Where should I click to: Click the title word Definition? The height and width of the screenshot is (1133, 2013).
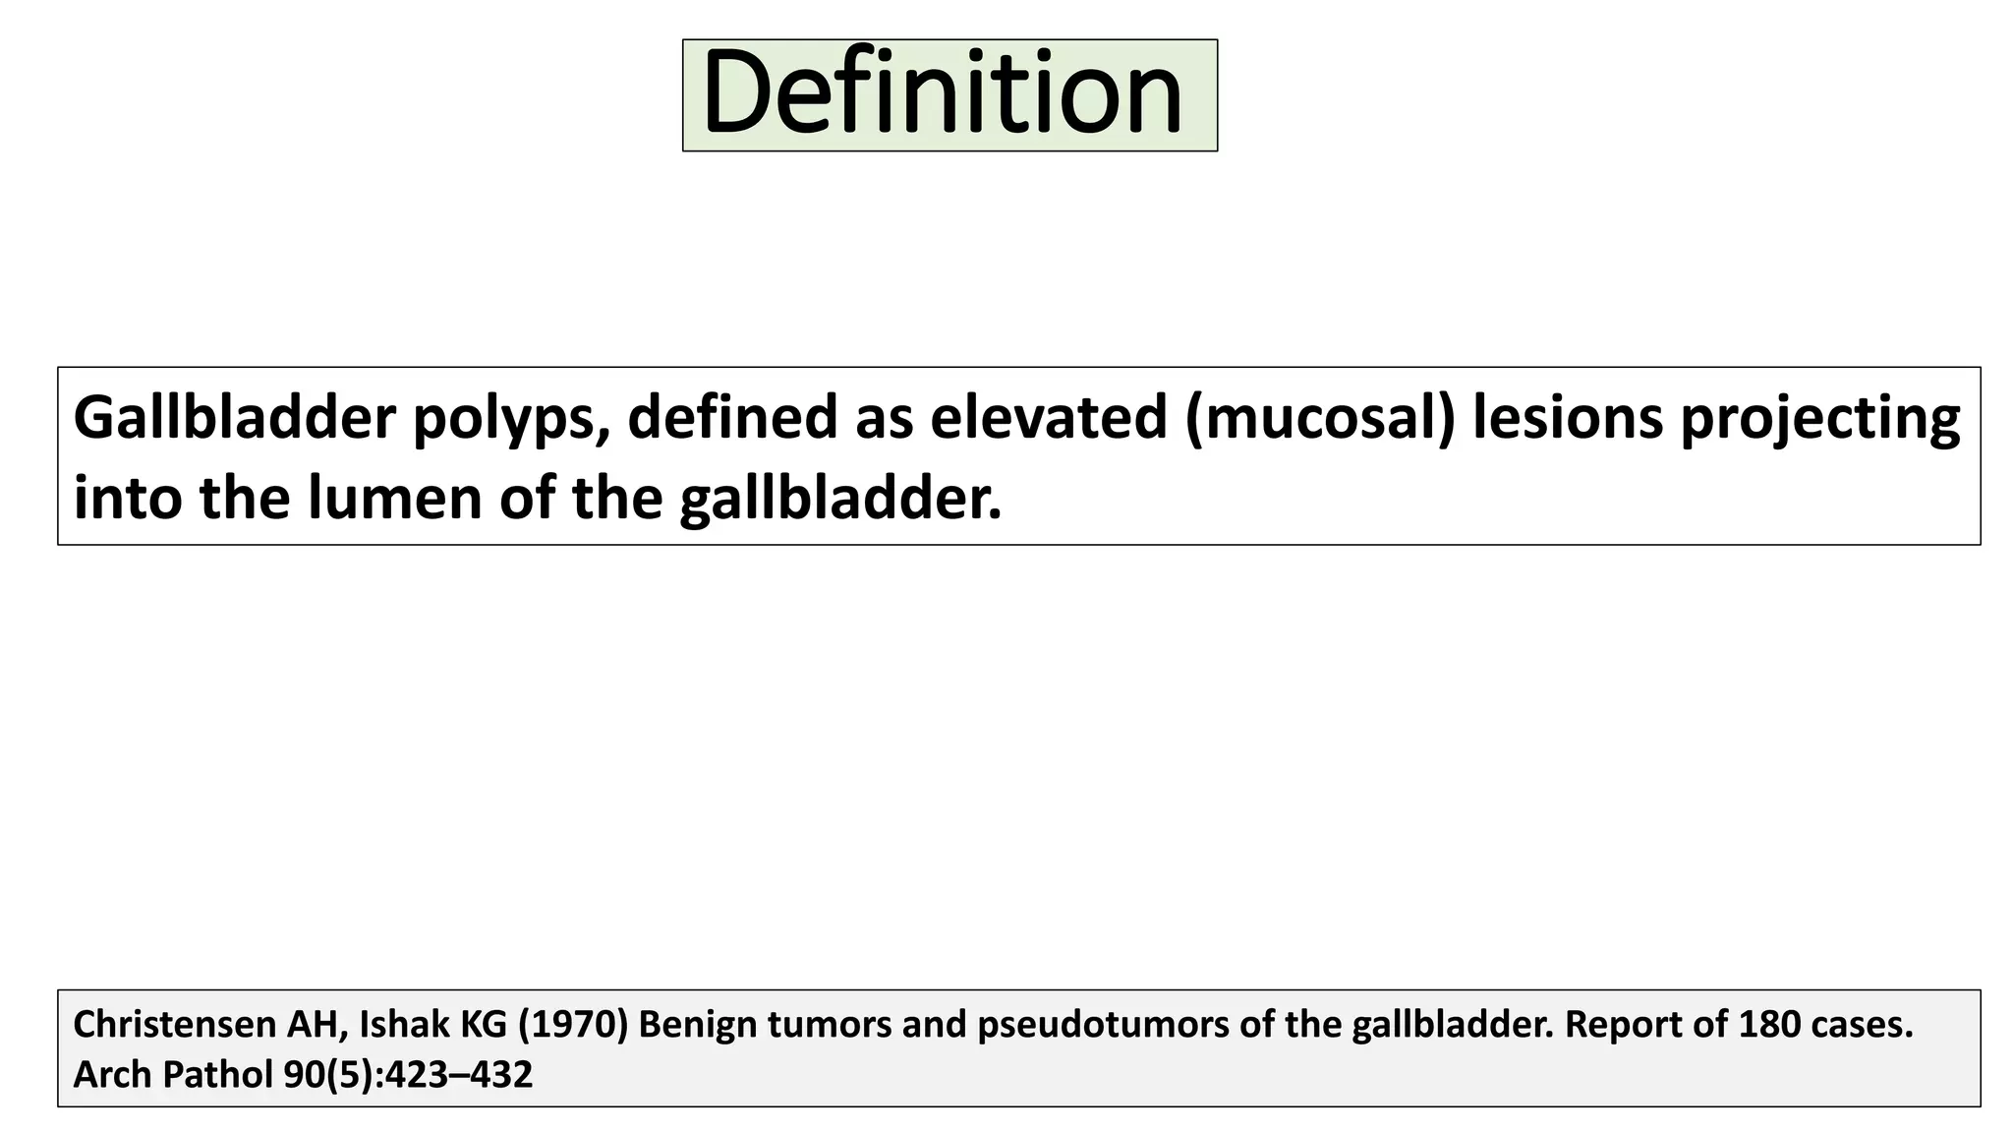(x=943, y=94)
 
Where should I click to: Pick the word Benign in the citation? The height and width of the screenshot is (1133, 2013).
(x=696, y=1026)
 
